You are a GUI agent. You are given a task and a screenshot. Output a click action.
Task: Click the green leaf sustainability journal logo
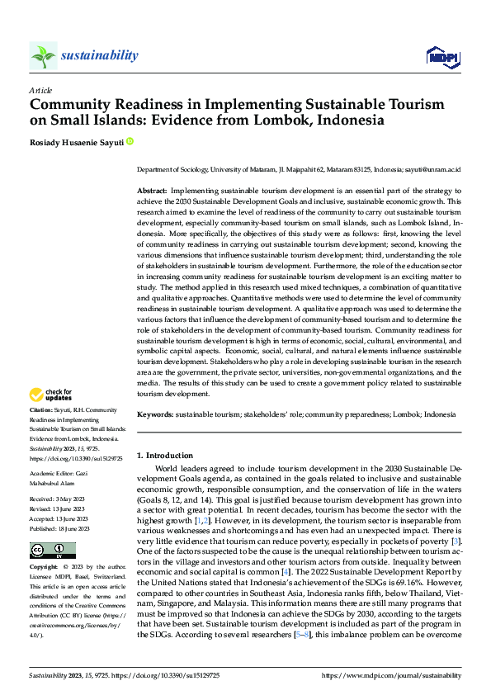pyautogui.click(x=43, y=56)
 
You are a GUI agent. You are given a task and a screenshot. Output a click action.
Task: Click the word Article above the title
pyautogui.click(x=40, y=90)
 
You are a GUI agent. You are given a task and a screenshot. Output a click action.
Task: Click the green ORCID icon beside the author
pyautogui.click(x=129, y=142)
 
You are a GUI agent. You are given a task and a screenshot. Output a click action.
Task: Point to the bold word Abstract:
pyautogui.click(x=152, y=191)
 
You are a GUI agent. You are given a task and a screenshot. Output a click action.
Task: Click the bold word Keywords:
pyautogui.click(x=154, y=415)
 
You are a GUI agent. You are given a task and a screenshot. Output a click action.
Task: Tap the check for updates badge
pyautogui.click(x=50, y=395)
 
